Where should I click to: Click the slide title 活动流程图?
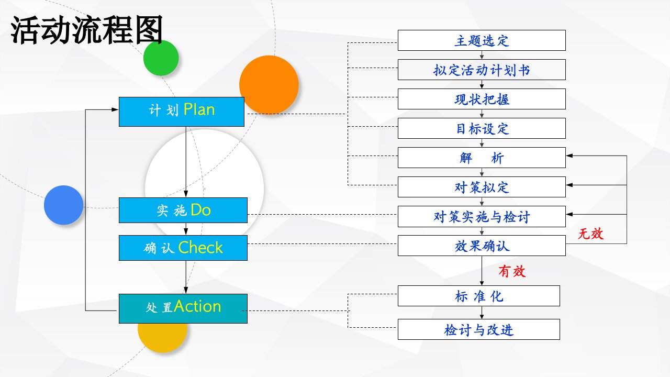pos(87,30)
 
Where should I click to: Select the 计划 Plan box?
pos(182,112)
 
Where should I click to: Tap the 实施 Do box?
pos(183,210)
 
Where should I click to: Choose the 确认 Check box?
pos(183,248)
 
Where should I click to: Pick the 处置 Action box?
pos(183,308)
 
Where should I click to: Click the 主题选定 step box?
pos(482,40)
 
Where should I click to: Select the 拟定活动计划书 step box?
pos(482,70)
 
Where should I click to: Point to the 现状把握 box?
pos(482,99)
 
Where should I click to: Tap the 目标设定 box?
pos(482,128)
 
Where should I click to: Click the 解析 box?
pos(482,158)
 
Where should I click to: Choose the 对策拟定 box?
pos(482,187)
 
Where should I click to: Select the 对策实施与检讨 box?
pos(482,216)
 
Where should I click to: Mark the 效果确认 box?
pos(482,246)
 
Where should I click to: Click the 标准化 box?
pos(479,296)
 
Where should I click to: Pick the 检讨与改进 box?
pos(479,329)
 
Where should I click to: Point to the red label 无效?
pos(591,234)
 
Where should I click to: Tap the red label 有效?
pos(512,271)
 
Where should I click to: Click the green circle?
pos(161,58)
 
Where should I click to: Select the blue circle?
pos(63,205)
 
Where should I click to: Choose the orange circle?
pos(269,85)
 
